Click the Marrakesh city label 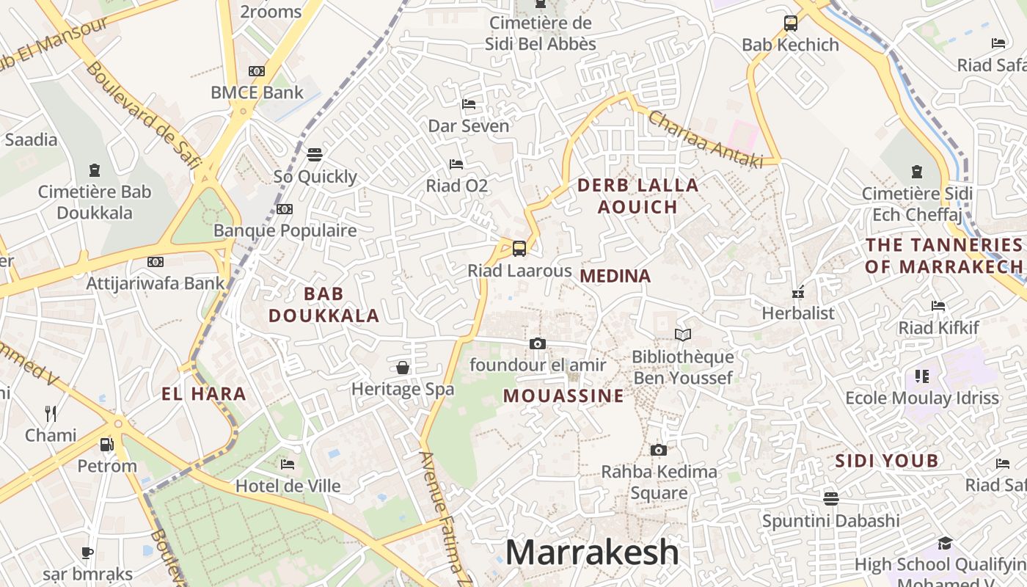(x=592, y=552)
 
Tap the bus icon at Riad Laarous (x=519, y=248)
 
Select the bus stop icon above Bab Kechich (x=790, y=23)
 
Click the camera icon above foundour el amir (x=538, y=343)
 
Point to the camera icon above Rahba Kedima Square (x=659, y=450)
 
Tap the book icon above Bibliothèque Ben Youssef (x=683, y=335)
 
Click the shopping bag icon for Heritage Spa (x=403, y=368)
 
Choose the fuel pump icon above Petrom (x=107, y=445)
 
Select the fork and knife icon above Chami (x=51, y=414)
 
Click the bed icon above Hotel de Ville (x=288, y=464)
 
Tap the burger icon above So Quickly (x=315, y=155)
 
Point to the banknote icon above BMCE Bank (x=257, y=71)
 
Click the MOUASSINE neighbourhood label (x=563, y=396)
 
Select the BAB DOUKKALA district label (x=324, y=305)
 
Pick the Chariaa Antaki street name (x=705, y=139)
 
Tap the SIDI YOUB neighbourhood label (x=887, y=461)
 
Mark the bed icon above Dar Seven (x=469, y=104)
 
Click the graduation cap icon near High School (x=945, y=543)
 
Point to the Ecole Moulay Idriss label (x=922, y=398)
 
